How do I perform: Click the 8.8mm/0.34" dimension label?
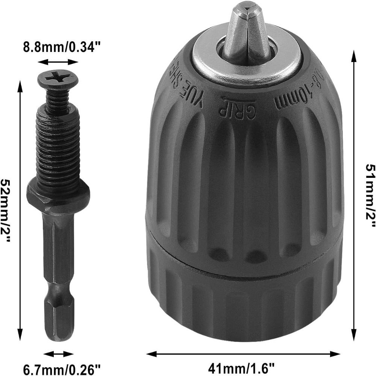(x=62, y=47)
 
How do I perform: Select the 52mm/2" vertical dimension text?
(x=6, y=205)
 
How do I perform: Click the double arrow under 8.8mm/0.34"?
(x=58, y=62)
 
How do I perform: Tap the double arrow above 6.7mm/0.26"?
(x=58, y=354)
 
